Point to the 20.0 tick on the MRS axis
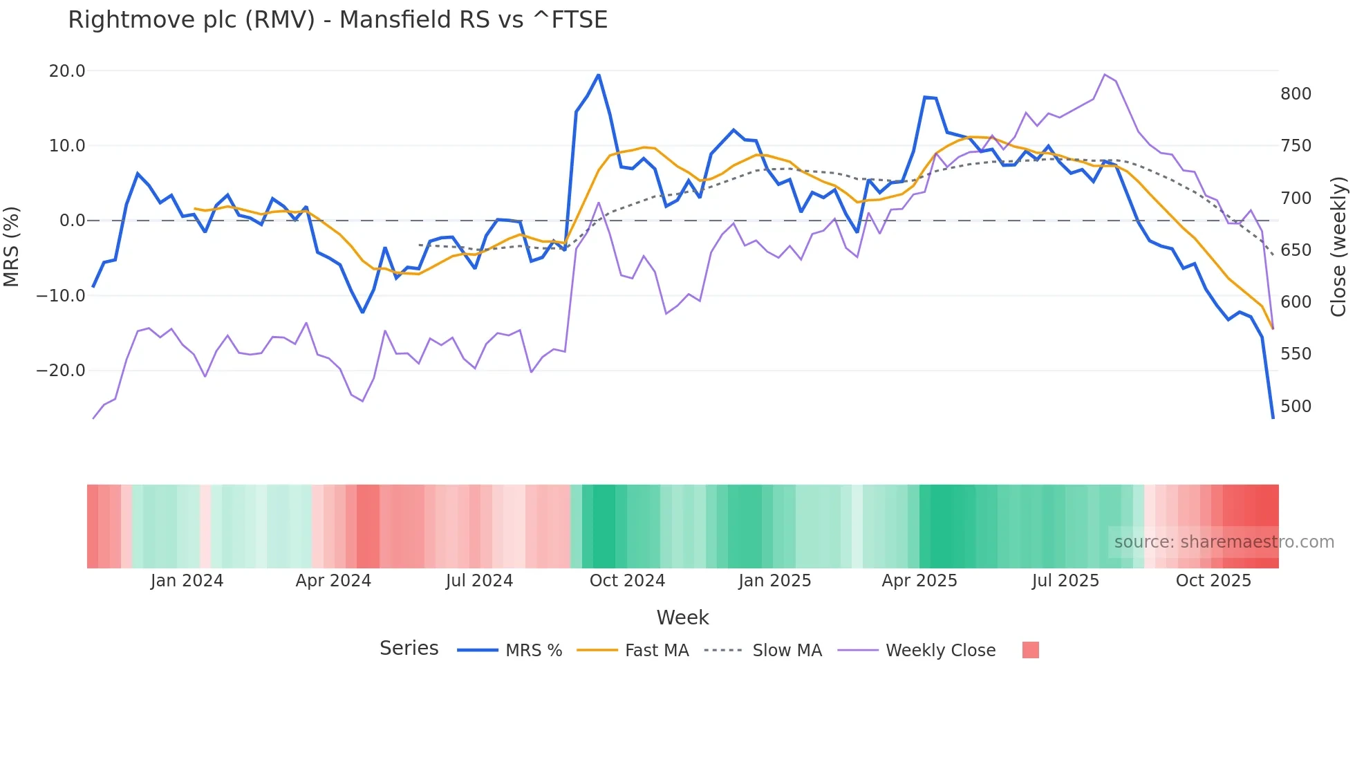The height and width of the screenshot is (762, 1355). pos(67,71)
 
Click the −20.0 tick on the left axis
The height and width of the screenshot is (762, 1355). pos(61,371)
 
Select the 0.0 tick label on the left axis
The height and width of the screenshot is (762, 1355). pos(72,221)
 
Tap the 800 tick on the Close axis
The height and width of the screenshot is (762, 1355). pos(1296,94)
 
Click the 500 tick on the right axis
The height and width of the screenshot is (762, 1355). pos(1296,407)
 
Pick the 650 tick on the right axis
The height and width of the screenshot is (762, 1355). pos(1296,250)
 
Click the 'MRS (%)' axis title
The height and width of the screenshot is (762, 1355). pos(12,246)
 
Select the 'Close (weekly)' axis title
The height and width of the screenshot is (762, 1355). pos(1338,246)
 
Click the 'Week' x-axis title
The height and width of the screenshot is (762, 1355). pos(682,617)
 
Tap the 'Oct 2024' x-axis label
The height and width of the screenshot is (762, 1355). pos(627,581)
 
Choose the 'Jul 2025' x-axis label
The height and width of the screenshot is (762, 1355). pos(1065,581)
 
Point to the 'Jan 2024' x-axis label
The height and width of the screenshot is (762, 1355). pos(187,581)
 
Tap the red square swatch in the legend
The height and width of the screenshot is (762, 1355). pos(1030,650)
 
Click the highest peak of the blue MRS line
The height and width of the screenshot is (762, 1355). pos(598,75)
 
